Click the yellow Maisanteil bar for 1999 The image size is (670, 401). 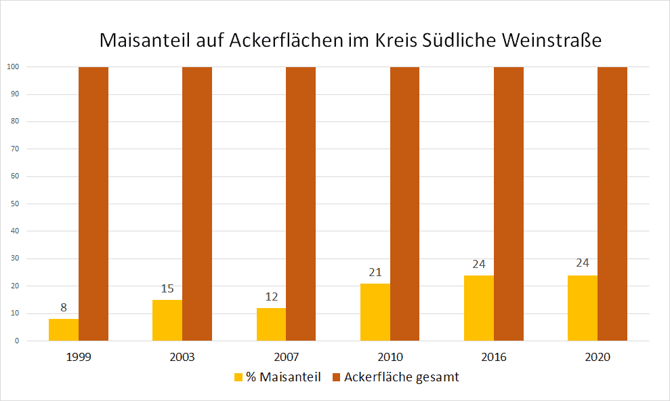click(x=64, y=330)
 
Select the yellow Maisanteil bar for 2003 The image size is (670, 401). click(x=167, y=320)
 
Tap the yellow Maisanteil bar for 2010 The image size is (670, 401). click(x=375, y=312)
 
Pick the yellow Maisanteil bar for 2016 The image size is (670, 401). click(x=479, y=308)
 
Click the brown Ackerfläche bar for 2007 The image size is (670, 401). click(x=301, y=204)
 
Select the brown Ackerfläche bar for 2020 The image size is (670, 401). click(x=612, y=204)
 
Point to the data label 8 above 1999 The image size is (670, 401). click(x=64, y=307)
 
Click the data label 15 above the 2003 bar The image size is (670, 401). click(x=167, y=288)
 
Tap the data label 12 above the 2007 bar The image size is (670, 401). click(x=271, y=297)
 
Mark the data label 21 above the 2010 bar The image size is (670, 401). click(x=375, y=272)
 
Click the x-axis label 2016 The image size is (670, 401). click(x=494, y=357)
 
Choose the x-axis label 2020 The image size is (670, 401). click(x=598, y=357)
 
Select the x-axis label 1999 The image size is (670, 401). click(x=79, y=357)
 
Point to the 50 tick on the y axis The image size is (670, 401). click(x=14, y=204)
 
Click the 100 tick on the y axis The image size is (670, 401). click(x=12, y=66)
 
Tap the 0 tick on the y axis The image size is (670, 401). click(x=16, y=341)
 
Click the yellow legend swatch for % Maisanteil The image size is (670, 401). click(x=238, y=377)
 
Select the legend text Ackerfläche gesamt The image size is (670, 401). click(x=401, y=377)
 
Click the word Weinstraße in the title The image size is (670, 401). click(x=552, y=40)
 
